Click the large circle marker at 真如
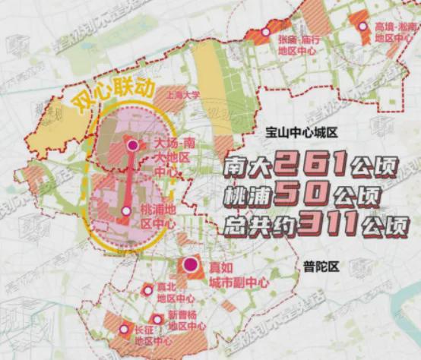pos(190,266)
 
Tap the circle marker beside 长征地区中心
pos(125,329)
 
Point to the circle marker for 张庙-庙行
pos(265,32)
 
